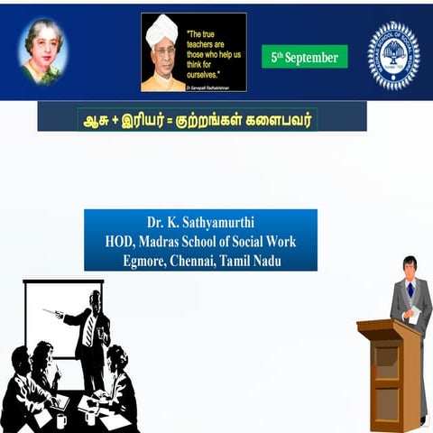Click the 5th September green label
tap(304, 58)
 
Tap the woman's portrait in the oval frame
tap(42, 51)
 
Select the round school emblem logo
tap(392, 54)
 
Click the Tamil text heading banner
tap(201, 118)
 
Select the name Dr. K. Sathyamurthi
tap(200, 222)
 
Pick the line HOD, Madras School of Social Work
tap(200, 241)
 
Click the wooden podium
tap(389, 371)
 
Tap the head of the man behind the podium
tap(410, 265)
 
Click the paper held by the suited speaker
tap(414, 314)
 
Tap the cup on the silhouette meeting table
tap(60, 419)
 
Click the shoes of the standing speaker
tap(423, 419)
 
